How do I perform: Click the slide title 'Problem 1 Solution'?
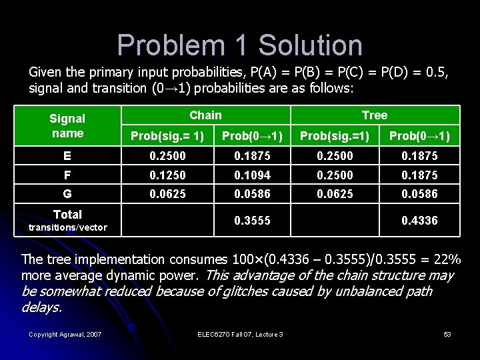[x=240, y=45]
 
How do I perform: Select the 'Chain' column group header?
[x=205, y=115]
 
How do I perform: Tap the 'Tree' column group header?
[x=375, y=115]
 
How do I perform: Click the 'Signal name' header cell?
[x=67, y=125]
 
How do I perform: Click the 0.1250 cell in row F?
[x=167, y=175]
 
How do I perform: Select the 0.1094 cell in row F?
[x=252, y=175]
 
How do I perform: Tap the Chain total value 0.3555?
[x=252, y=220]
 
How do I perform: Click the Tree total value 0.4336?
[x=419, y=220]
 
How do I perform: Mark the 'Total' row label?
[x=67, y=215]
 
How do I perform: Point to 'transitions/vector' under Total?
[x=67, y=227]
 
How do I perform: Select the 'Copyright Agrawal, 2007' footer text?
[x=65, y=334]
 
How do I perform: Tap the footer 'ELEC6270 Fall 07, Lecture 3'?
[x=240, y=334]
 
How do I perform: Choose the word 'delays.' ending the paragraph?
[x=42, y=307]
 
